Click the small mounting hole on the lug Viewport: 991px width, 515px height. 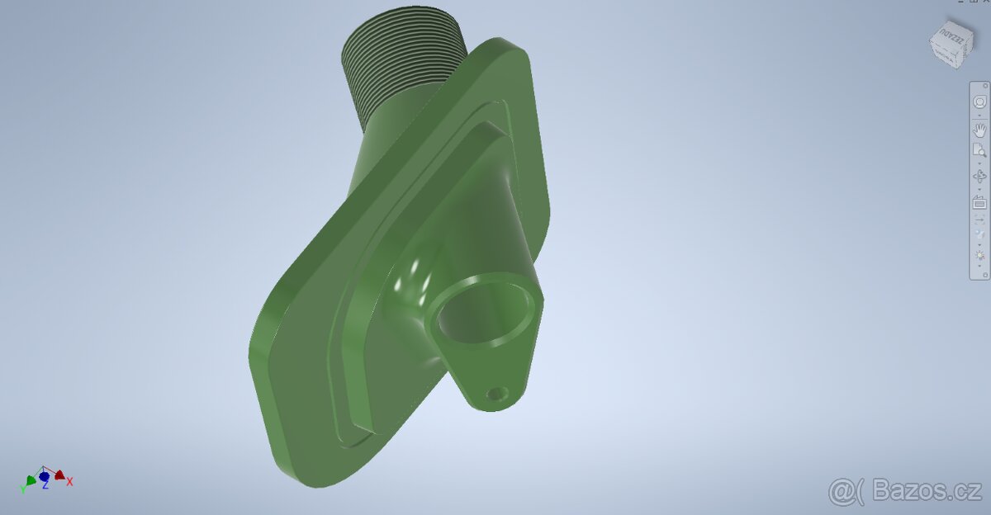pos(496,395)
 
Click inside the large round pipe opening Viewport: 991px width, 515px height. pos(483,314)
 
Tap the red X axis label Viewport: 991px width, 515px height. pos(70,481)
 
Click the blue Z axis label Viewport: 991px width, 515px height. pos(45,486)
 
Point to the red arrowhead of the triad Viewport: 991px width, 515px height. pos(59,475)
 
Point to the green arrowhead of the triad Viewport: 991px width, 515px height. pos(31,479)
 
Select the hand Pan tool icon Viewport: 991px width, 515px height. pos(979,130)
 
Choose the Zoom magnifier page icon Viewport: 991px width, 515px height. pos(979,150)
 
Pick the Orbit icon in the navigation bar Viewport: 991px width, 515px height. pos(979,177)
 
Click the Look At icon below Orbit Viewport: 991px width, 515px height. pos(979,203)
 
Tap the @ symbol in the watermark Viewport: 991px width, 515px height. pos(842,491)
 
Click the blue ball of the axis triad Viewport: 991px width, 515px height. pos(45,477)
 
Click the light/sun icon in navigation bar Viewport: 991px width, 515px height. pos(979,256)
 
